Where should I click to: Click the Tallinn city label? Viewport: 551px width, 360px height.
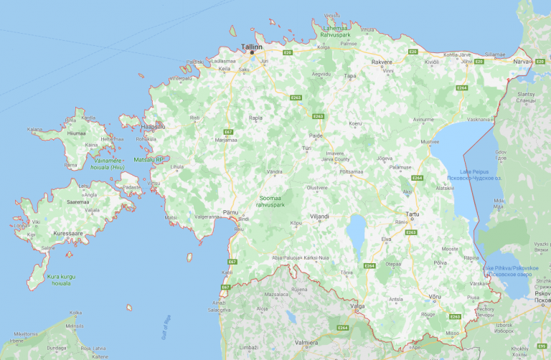point(253,46)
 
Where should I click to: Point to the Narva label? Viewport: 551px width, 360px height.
point(520,62)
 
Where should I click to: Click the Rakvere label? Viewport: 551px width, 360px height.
point(382,62)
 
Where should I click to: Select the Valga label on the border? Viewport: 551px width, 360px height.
point(357,305)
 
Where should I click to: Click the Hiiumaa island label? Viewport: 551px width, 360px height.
point(76,133)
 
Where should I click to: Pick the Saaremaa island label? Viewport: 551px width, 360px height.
point(76,202)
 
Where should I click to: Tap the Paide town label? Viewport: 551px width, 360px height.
point(316,135)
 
